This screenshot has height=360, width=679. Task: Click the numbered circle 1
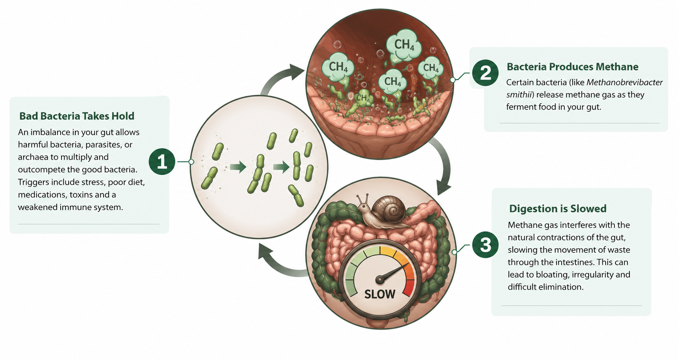tap(162, 162)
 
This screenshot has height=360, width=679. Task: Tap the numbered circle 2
tap(486, 73)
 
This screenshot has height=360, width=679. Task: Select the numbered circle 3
tap(486, 244)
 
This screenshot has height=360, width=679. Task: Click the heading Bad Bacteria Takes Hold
tap(77, 116)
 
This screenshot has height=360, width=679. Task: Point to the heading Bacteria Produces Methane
tap(573, 67)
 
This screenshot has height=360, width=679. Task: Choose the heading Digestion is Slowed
tap(558, 209)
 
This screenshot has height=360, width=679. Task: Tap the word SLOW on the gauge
tap(380, 294)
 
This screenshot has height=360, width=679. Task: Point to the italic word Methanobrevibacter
tap(625, 82)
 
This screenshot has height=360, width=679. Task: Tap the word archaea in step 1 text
tap(33, 157)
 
